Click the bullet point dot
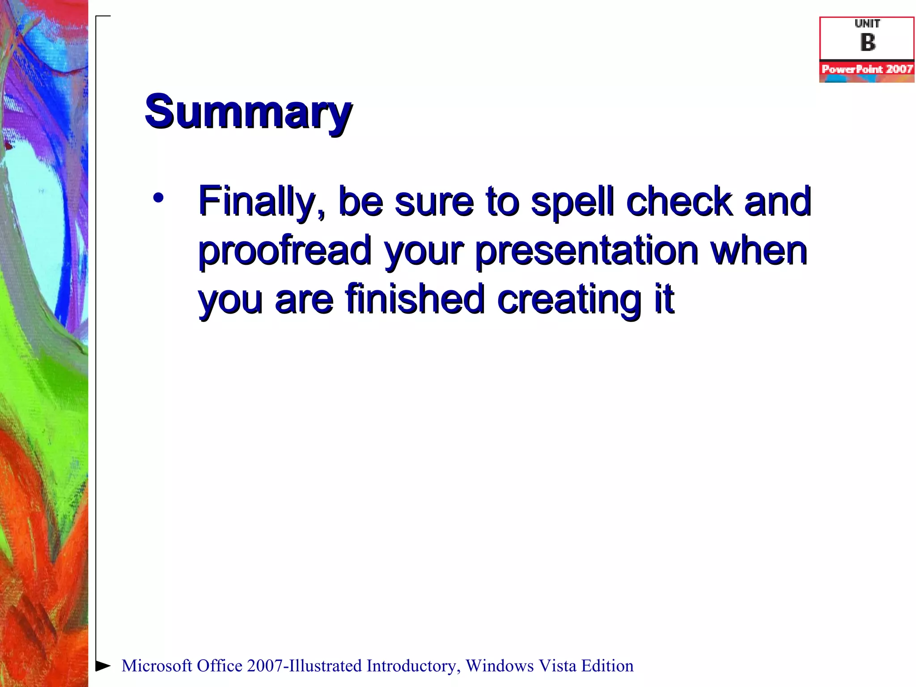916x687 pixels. coord(158,197)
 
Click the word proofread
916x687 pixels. coord(285,250)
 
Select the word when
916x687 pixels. coord(759,250)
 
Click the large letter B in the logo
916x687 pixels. coord(867,42)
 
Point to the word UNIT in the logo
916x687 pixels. coord(867,24)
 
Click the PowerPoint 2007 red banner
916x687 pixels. coord(867,69)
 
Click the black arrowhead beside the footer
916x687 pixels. coord(103,666)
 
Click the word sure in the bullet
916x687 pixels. coord(434,202)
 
